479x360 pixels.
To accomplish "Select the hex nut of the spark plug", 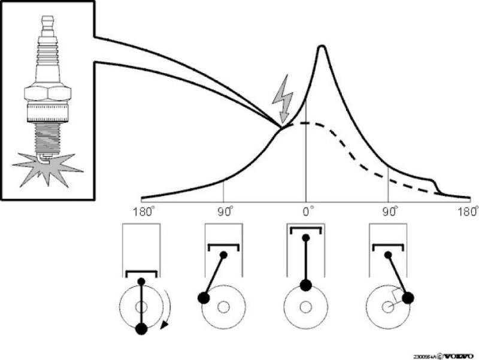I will coord(47,93).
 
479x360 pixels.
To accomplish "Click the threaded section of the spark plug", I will coord(47,135).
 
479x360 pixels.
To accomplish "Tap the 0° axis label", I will coord(307,211).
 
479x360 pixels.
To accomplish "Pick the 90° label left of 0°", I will coord(225,211).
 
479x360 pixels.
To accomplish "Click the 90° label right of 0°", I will coord(390,211).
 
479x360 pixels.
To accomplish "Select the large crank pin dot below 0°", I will coord(305,285).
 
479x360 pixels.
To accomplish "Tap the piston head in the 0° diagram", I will coord(305,228).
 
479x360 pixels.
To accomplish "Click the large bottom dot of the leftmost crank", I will coord(142,328).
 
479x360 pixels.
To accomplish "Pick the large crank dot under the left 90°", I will coord(204,298).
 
